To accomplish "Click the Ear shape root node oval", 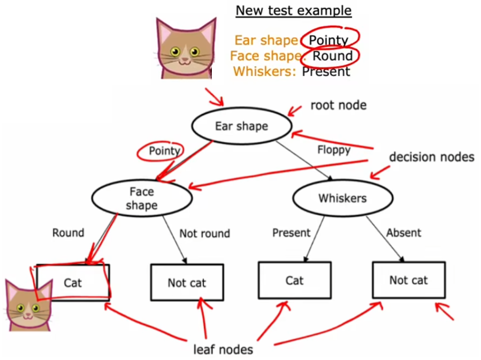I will point(241,126).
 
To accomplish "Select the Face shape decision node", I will point(142,198).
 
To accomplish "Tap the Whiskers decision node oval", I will point(342,198).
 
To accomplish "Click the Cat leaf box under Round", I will point(73,282).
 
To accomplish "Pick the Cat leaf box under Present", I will point(294,280).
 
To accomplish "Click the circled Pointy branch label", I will point(164,151).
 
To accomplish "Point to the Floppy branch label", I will point(333,149).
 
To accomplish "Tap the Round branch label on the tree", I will point(68,233).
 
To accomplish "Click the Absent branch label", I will point(403,233).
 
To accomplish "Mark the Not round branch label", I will point(204,234).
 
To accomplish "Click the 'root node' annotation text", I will point(338,105).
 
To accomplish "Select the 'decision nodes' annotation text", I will point(431,157).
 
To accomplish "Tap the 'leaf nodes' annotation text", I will point(223,350).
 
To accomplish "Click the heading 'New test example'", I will point(294,11).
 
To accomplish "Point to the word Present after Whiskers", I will point(326,71).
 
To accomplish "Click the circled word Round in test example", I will point(332,56).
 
